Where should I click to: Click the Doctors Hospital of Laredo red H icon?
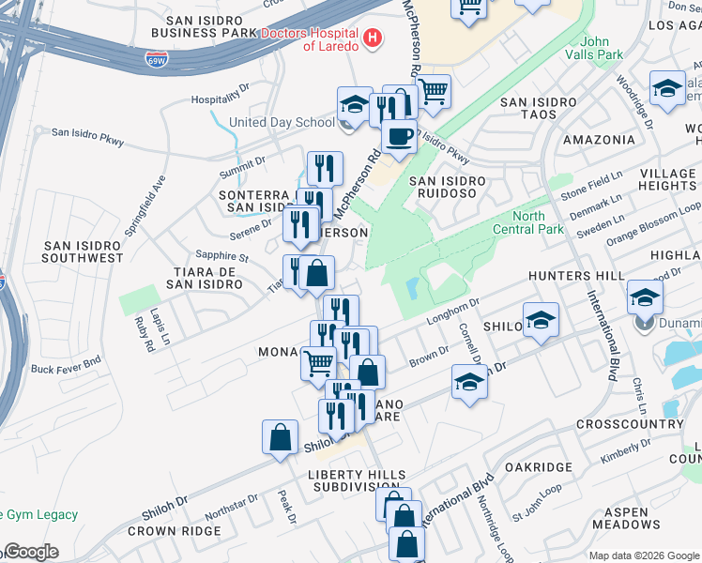click(374, 38)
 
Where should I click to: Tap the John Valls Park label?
click(602, 48)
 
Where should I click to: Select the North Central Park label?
click(542, 222)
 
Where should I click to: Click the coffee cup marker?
click(399, 137)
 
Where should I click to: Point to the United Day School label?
click(282, 122)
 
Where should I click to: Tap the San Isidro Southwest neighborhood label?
click(84, 251)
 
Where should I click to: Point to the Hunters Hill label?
click(575, 276)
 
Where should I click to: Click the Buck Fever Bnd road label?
click(66, 369)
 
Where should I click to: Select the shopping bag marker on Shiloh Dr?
click(281, 438)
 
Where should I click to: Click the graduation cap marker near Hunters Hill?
click(645, 298)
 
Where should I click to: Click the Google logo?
click(30, 552)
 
